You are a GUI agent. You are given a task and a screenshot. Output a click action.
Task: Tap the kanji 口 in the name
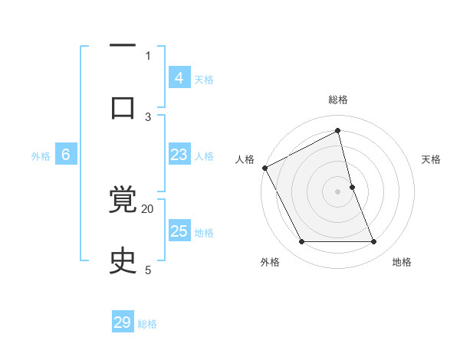(123, 107)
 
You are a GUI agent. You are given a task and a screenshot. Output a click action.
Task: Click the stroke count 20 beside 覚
(148, 208)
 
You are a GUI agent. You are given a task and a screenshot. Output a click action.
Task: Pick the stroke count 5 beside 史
(148, 270)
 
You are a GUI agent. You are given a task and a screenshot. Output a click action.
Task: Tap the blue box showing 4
(179, 78)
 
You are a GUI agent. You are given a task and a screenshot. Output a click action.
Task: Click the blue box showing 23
(179, 155)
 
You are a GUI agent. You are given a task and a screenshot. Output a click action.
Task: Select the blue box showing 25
(179, 231)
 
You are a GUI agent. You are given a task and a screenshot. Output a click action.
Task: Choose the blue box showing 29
(123, 322)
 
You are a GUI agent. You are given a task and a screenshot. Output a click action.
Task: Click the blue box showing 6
(66, 155)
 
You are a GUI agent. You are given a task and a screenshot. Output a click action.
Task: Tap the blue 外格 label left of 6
(41, 156)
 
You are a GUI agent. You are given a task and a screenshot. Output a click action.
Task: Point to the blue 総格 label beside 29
(147, 324)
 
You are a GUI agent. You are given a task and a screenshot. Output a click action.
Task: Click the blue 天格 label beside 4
(204, 80)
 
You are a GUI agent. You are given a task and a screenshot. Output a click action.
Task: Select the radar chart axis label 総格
(338, 100)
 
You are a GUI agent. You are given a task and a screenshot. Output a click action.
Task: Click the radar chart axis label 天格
(432, 159)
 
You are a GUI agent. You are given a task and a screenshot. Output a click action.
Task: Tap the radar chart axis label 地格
(402, 262)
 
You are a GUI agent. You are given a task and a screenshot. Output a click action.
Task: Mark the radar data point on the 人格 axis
(264, 168)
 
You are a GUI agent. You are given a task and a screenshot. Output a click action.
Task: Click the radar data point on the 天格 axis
(352, 187)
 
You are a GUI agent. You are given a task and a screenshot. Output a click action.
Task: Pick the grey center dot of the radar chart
(337, 191)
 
